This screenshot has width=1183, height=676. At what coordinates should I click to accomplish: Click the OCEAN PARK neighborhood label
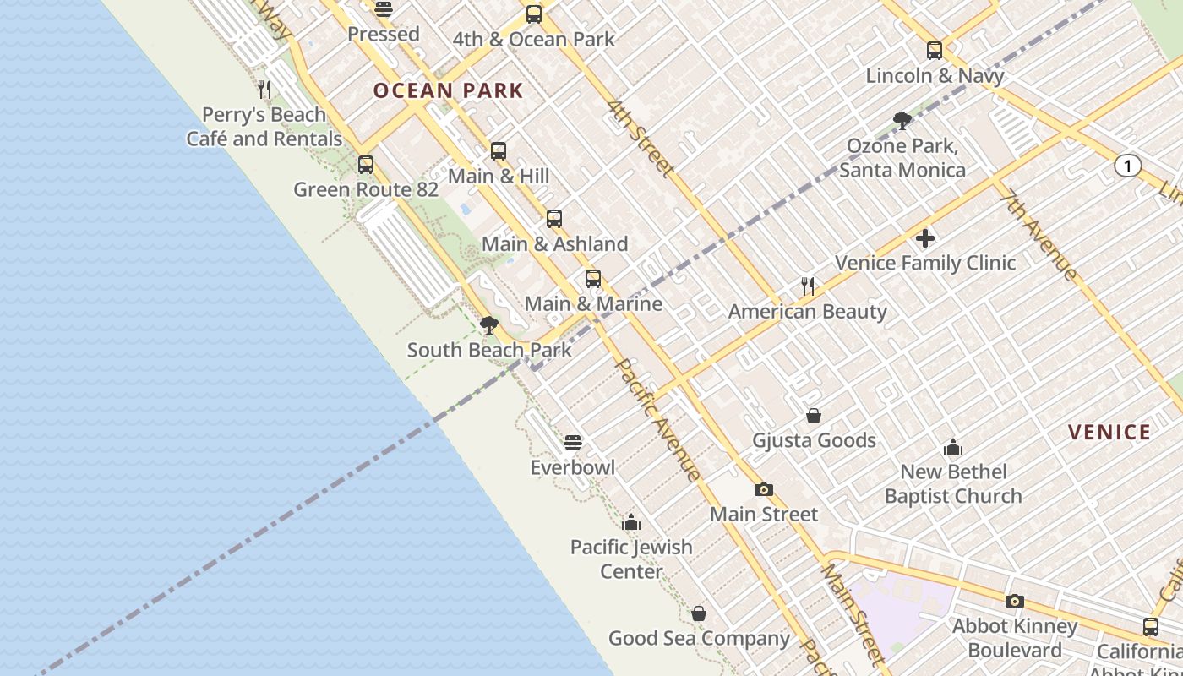click(x=448, y=90)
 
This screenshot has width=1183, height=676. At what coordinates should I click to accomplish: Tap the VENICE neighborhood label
click(x=1109, y=433)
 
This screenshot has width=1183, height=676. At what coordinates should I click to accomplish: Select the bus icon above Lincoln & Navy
click(x=934, y=51)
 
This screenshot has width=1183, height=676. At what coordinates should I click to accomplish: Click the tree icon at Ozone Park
click(x=902, y=121)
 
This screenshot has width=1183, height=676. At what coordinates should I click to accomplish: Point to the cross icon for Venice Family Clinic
click(x=925, y=238)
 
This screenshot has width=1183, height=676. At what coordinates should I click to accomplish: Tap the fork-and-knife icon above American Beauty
click(x=808, y=286)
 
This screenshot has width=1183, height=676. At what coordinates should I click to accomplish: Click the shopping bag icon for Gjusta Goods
click(x=814, y=416)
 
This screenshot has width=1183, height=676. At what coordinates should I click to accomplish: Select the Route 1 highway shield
click(x=1127, y=166)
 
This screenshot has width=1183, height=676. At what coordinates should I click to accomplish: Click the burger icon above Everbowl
click(x=573, y=443)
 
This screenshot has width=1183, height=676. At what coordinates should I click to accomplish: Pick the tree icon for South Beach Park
click(x=488, y=325)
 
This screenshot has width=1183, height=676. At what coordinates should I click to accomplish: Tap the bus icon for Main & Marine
click(x=593, y=279)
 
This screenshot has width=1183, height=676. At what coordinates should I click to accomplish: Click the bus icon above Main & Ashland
click(x=554, y=219)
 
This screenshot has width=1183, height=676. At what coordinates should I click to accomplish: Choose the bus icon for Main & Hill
click(x=499, y=151)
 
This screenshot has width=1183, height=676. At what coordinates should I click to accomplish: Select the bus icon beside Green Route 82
click(x=366, y=165)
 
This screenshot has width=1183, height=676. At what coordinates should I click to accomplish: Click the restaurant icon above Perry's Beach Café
click(x=264, y=90)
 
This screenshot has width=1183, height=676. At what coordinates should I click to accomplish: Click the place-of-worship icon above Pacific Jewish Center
click(x=631, y=523)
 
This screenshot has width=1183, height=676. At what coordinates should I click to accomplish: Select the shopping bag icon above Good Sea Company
click(x=699, y=613)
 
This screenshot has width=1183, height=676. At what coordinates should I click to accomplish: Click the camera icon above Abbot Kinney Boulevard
click(x=1015, y=602)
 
